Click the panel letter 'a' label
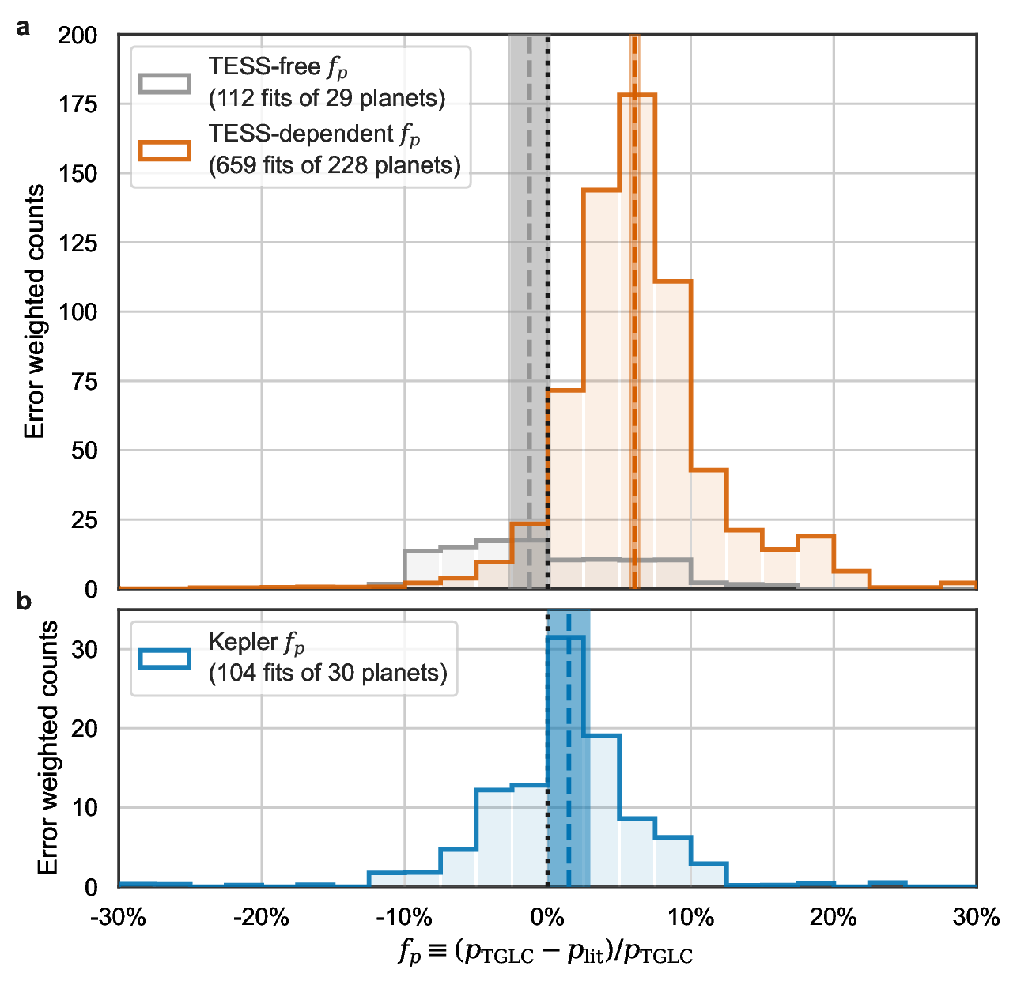[24, 28]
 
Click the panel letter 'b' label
[24, 602]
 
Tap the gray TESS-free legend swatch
[164, 83]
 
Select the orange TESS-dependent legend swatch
[164, 150]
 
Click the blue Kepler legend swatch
[164, 658]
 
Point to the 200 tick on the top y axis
[78, 36]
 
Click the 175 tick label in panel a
[78, 104]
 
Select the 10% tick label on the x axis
[690, 917]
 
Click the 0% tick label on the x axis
[547, 917]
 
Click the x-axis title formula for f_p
[546, 953]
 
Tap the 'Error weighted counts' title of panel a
[35, 311]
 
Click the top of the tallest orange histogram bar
[637, 96]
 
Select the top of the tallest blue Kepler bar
[565, 637]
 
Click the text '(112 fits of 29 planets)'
[327, 98]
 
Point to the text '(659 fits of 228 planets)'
[335, 165]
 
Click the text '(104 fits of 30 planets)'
[327, 673]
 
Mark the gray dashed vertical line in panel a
[529, 316]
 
